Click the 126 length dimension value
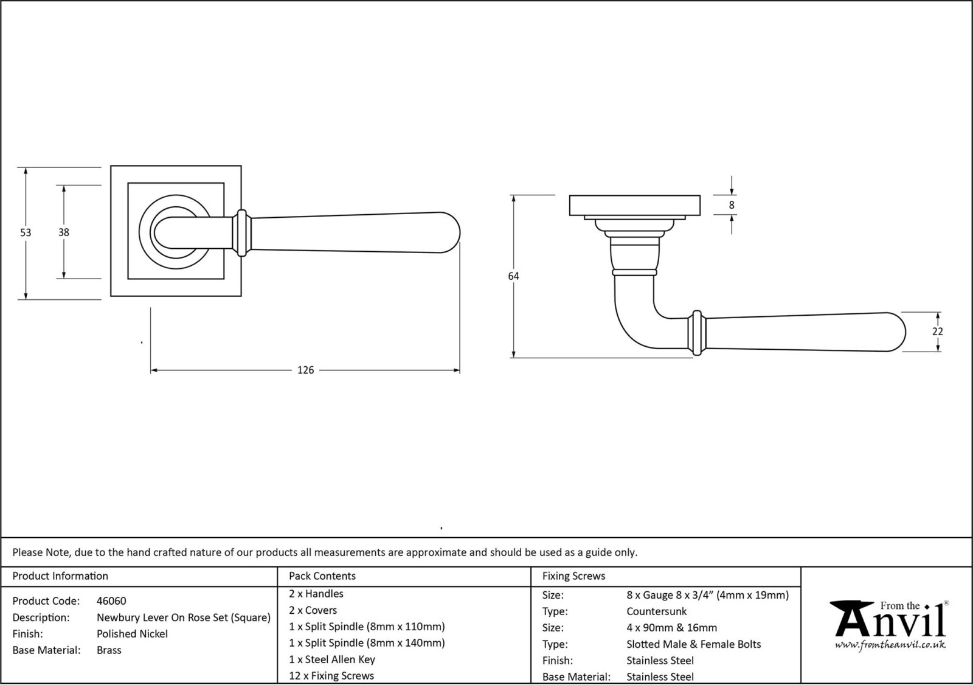(305, 370)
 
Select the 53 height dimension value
(25, 232)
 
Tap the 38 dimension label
(63, 232)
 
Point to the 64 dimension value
(513, 276)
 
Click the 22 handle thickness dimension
(937, 332)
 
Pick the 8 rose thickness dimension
(731, 205)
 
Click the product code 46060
(111, 601)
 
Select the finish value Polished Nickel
(132, 634)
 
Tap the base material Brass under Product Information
(109, 650)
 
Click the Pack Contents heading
(322, 576)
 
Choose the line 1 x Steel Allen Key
(332, 659)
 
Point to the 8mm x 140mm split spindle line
(367, 643)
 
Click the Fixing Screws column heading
(573, 576)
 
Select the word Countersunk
(656, 611)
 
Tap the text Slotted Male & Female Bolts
(693, 644)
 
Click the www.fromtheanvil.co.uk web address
(890, 645)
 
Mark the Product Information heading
(60, 576)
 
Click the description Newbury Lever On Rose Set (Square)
(183, 617)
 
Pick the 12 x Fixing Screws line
(331, 676)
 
